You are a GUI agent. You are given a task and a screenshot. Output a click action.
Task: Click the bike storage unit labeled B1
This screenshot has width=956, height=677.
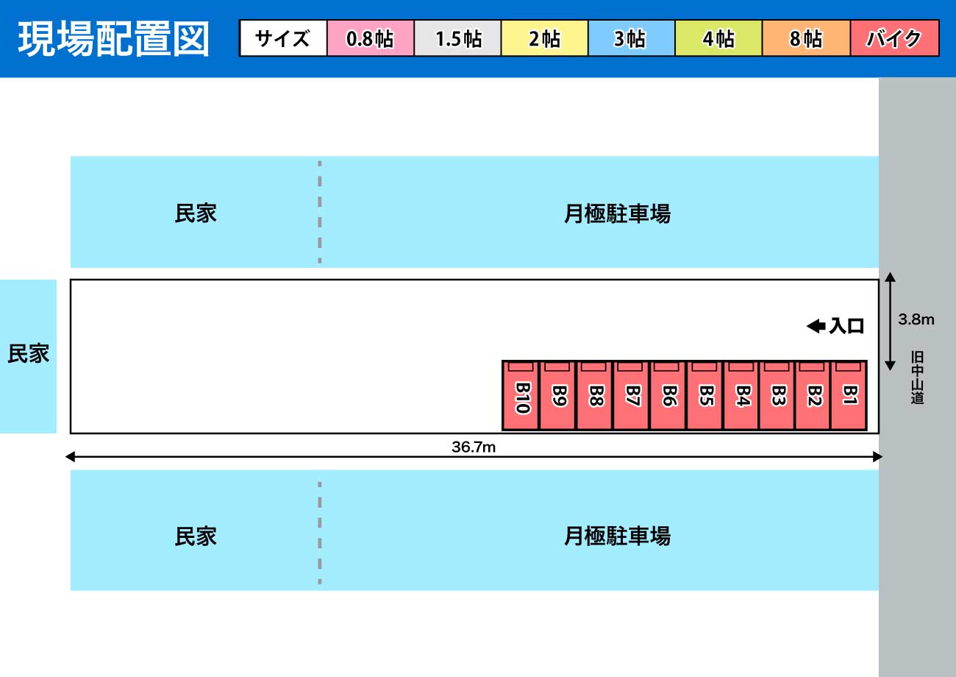point(849,395)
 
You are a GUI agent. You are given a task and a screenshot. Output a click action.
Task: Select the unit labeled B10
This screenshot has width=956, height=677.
point(521,395)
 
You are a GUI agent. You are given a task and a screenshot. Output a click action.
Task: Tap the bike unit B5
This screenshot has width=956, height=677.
point(704,395)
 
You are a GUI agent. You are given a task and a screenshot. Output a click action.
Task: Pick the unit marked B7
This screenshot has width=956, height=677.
point(631,395)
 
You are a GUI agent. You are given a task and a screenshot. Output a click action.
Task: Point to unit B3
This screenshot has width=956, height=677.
point(777,395)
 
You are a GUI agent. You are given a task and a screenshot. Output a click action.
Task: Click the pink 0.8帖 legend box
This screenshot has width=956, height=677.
point(371,38)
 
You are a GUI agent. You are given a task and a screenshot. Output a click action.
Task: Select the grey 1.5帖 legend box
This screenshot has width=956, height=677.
point(457,38)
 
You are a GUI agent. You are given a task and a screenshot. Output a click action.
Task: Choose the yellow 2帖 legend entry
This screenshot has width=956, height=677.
point(545,38)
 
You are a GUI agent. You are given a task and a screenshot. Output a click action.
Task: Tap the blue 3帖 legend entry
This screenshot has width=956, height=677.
point(632,38)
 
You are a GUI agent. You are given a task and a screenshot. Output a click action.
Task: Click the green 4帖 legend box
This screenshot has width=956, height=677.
point(718,38)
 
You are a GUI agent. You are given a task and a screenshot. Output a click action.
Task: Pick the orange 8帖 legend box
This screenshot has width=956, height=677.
point(806,38)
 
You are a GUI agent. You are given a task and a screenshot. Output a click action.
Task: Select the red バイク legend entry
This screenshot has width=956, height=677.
point(894,38)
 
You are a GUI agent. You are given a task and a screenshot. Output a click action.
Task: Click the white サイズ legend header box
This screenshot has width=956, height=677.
point(283,38)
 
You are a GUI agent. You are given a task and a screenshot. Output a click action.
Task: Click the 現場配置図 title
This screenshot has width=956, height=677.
point(113,39)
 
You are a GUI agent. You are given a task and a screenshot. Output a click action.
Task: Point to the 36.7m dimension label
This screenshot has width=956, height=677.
point(474,447)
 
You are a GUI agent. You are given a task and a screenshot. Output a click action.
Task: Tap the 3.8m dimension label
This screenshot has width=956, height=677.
point(916,319)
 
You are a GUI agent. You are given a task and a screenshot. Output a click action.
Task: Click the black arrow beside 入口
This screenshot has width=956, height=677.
point(816,326)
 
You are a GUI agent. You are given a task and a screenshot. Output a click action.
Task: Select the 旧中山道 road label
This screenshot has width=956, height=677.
point(917,378)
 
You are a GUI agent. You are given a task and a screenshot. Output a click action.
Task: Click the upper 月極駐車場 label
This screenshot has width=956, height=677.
point(617,213)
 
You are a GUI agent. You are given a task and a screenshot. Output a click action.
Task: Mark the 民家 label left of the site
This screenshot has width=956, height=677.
point(28,354)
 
